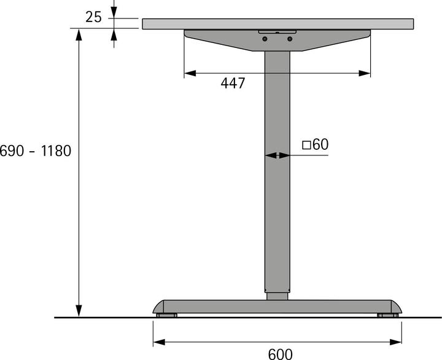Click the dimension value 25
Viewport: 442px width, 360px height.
pos(93,17)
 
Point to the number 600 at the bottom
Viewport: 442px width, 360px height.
pos(280,354)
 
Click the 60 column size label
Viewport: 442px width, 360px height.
pos(320,144)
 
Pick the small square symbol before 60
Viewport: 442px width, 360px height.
pos(306,145)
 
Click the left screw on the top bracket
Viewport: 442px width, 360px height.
pos(265,39)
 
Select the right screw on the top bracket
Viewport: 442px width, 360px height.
pos(289,39)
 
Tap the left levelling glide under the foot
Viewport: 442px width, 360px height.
pos(166,316)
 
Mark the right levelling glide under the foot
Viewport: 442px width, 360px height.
pos(387,316)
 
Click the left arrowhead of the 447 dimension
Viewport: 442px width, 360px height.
pos(190,73)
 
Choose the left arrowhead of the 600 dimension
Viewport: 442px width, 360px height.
pos(158,342)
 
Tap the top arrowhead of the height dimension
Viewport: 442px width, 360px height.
pos(79,34)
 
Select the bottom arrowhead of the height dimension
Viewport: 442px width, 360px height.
pos(79,311)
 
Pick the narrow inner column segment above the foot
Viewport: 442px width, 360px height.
pos(277,296)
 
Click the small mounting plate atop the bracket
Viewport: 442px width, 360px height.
pos(277,31)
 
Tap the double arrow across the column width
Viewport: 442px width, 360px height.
pos(277,155)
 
